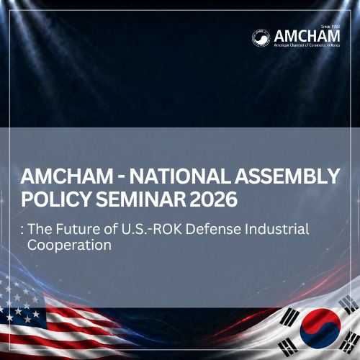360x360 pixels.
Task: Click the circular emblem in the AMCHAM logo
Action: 261,38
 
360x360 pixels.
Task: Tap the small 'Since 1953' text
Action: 330,27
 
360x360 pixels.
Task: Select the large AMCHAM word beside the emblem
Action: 307,36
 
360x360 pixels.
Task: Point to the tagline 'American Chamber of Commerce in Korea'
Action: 307,45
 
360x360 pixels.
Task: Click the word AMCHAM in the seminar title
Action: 67,176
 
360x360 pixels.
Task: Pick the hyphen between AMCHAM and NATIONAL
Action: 121,177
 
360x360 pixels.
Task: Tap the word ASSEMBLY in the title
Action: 287,176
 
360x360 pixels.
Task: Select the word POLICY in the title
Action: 56,199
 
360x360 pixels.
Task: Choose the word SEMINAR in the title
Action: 141,199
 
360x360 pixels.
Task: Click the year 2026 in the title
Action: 214,199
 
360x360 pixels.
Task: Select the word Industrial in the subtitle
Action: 277,229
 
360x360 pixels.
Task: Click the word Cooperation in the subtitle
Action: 69,245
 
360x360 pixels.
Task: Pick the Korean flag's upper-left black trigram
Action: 289,318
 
